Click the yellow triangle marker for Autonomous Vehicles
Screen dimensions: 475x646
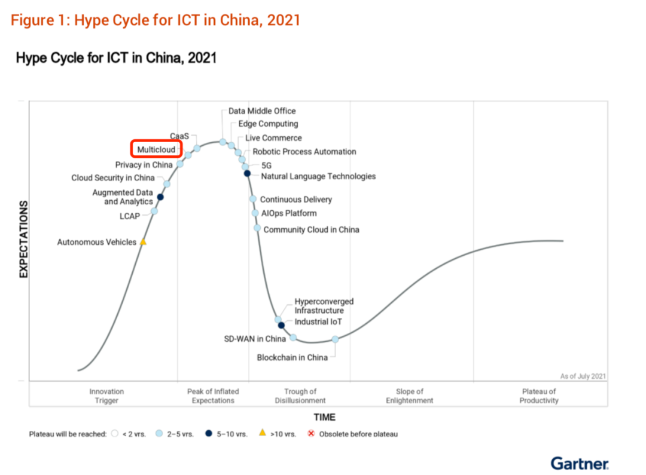(x=142, y=242)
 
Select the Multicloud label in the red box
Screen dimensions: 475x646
(x=156, y=149)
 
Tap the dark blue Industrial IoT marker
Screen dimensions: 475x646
(x=281, y=325)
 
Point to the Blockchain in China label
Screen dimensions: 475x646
(x=292, y=357)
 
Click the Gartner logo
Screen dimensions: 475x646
(x=580, y=463)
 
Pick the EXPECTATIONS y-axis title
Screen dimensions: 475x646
(x=24, y=240)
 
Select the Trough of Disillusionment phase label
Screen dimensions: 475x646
(x=300, y=396)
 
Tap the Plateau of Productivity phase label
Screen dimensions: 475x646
(x=538, y=396)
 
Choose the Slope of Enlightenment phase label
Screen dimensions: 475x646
(x=409, y=396)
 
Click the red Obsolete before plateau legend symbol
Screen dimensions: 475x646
(x=311, y=433)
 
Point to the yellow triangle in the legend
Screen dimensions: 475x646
(x=261, y=433)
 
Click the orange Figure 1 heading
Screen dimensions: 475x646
(x=156, y=20)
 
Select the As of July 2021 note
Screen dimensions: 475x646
(x=583, y=376)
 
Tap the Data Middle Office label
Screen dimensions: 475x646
(x=262, y=111)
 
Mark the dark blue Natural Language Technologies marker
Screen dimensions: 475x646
(x=247, y=173)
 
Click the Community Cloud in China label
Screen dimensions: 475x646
(x=311, y=229)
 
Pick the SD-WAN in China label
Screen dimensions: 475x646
(x=255, y=339)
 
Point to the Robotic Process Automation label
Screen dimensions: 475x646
(x=304, y=152)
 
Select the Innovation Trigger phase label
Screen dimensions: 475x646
(x=106, y=396)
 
